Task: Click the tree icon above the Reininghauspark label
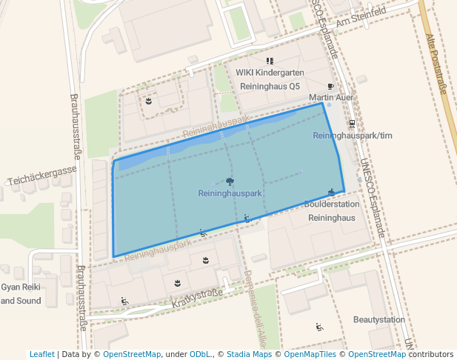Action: [230, 181]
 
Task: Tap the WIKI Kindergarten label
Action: [270, 73]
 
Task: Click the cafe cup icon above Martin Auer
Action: [330, 86]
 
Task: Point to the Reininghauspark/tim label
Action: [352, 136]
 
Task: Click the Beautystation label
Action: [379, 320]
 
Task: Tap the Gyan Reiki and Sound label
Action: [21, 293]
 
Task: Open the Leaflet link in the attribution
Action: [41, 354]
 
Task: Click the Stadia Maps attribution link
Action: [249, 354]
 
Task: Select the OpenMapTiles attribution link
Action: [311, 354]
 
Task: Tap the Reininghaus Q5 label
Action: [270, 86]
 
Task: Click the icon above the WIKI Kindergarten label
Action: [270, 61]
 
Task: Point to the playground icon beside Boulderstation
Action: [331, 192]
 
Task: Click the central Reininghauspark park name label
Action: [230, 193]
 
